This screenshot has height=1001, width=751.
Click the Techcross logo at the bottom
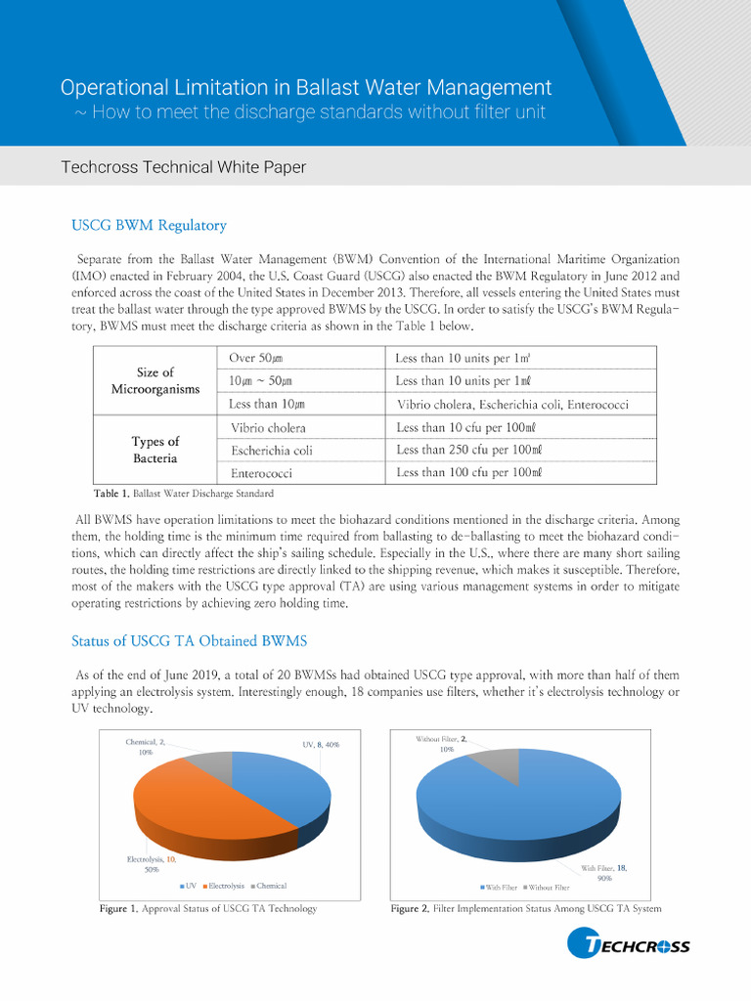(629, 945)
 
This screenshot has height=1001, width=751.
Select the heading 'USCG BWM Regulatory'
(149, 226)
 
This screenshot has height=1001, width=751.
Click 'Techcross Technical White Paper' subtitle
(183, 167)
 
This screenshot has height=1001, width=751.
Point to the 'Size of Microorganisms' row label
(155, 380)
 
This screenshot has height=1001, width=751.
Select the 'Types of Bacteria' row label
(155, 450)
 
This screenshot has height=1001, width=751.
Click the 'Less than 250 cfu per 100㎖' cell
(468, 450)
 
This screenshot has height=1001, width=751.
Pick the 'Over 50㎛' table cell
(256, 358)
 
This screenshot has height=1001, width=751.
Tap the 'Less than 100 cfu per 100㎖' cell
(468, 472)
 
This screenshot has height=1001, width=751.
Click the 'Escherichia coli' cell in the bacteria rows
(272, 451)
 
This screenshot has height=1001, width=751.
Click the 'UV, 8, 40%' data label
(321, 745)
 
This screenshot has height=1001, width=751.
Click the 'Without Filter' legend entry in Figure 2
(545, 887)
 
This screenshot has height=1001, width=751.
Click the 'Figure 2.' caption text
(410, 909)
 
